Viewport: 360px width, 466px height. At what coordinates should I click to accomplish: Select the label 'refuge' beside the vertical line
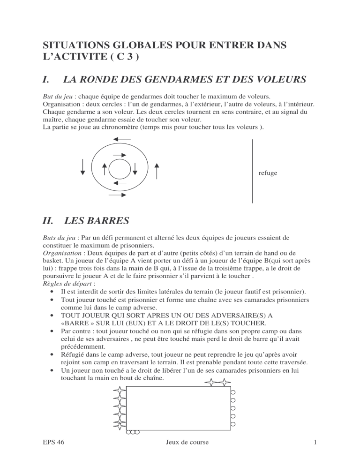(x=268, y=173)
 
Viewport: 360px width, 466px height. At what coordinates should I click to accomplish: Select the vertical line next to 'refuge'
(x=253, y=171)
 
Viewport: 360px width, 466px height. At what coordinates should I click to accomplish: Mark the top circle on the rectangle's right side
(x=233, y=392)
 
